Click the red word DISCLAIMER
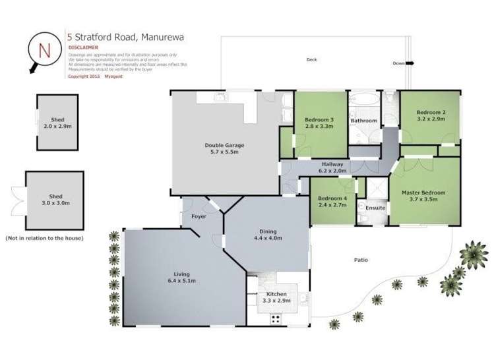(84, 48)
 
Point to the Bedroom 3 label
(319, 120)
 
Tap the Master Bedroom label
(424, 193)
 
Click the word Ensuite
(375, 208)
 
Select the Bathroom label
(363, 121)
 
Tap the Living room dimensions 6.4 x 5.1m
(181, 281)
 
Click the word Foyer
(200, 216)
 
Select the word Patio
(360, 260)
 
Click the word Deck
(312, 60)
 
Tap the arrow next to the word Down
(410, 64)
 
